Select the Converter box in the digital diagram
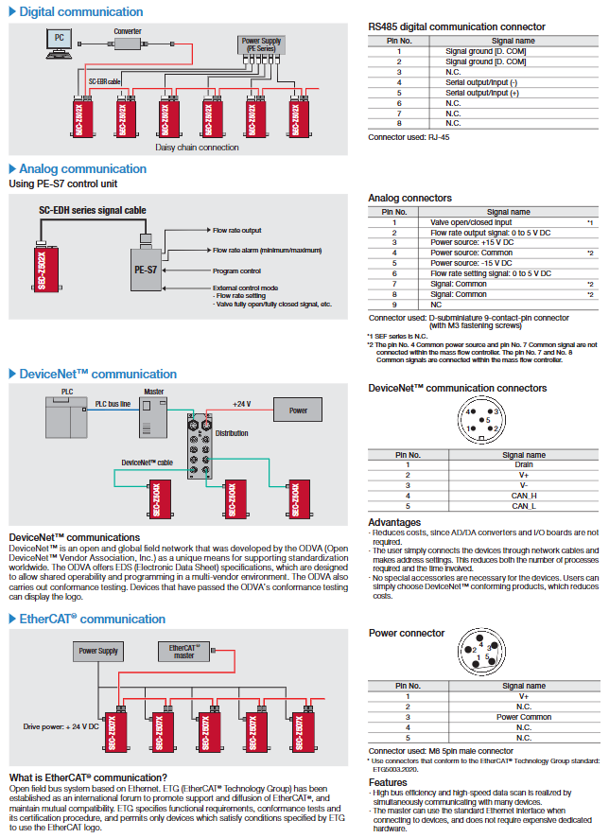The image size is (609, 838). click(x=128, y=43)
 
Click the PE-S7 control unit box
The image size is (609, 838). click(x=147, y=270)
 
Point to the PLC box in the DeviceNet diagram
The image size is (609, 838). click(x=66, y=415)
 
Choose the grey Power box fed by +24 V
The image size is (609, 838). click(x=299, y=410)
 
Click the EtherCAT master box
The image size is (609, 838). click(x=183, y=651)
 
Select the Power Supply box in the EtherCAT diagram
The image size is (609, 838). click(x=98, y=651)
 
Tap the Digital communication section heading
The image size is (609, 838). click(x=81, y=12)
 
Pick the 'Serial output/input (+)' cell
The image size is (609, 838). click(x=482, y=93)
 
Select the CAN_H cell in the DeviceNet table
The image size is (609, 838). click(x=523, y=495)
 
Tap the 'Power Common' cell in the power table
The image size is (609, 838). click(x=524, y=717)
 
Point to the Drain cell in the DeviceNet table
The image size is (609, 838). click(x=523, y=464)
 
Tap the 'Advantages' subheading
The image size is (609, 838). click(x=394, y=522)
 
